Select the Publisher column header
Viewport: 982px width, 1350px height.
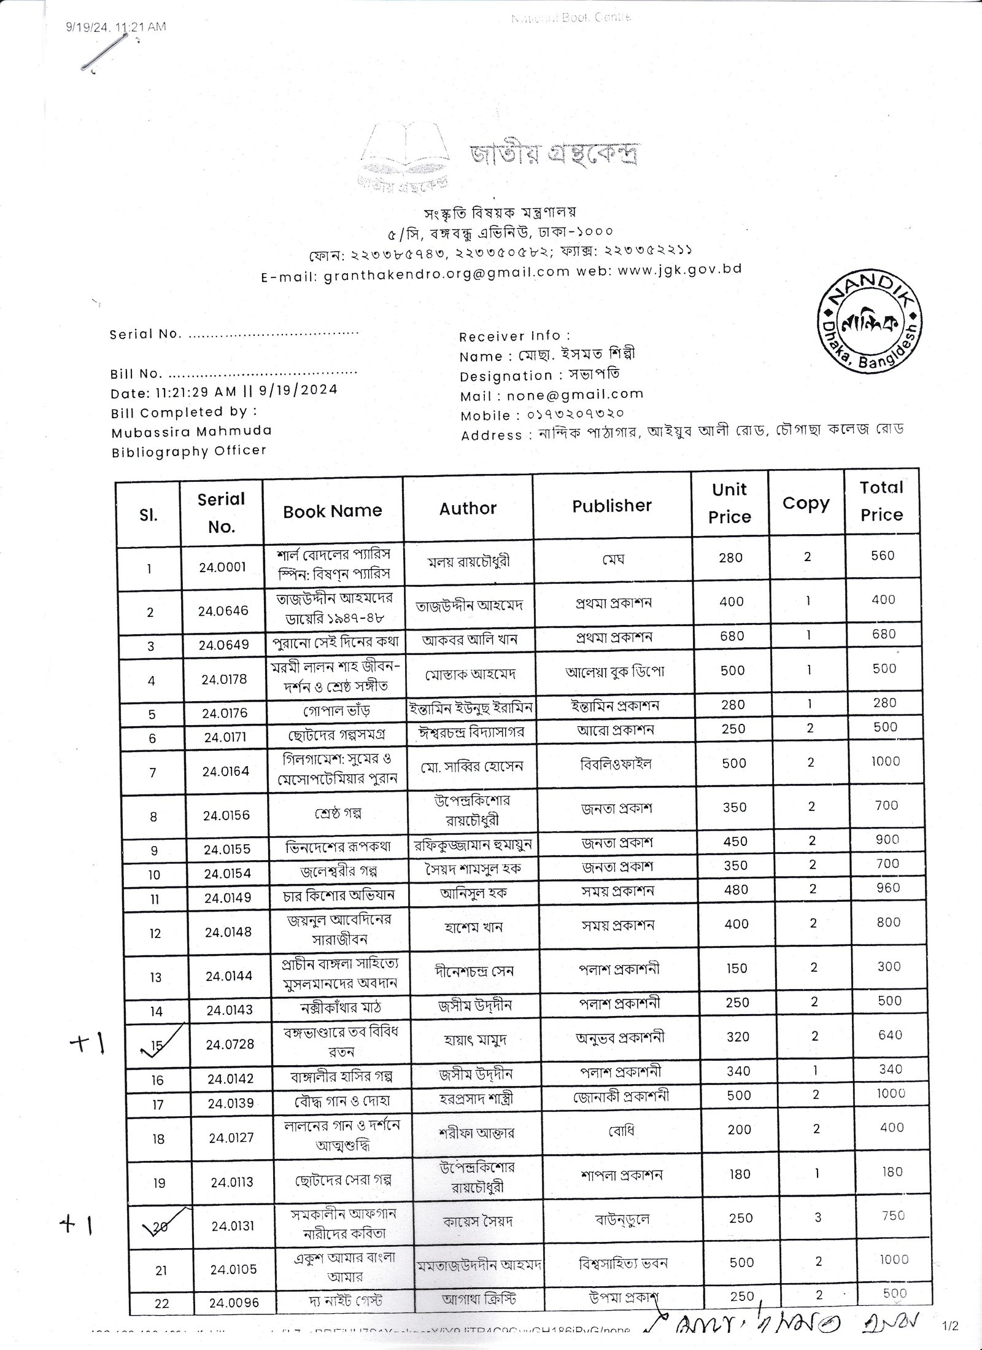click(x=611, y=506)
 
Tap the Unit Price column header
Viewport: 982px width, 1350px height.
click(x=730, y=503)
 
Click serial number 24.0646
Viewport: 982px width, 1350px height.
click(x=223, y=611)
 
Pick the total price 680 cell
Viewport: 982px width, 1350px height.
click(x=884, y=634)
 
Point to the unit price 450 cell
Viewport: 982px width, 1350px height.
click(x=735, y=842)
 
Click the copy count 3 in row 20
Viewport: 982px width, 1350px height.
click(x=818, y=1216)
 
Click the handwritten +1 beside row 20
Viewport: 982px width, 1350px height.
click(x=75, y=1207)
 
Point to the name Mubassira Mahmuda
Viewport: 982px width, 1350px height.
click(x=191, y=432)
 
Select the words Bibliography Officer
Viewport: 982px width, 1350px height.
click(x=189, y=451)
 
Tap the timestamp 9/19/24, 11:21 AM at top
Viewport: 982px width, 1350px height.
click(x=115, y=26)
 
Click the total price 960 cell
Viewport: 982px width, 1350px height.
click(x=887, y=888)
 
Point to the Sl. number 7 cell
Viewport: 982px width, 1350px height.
click(x=153, y=772)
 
